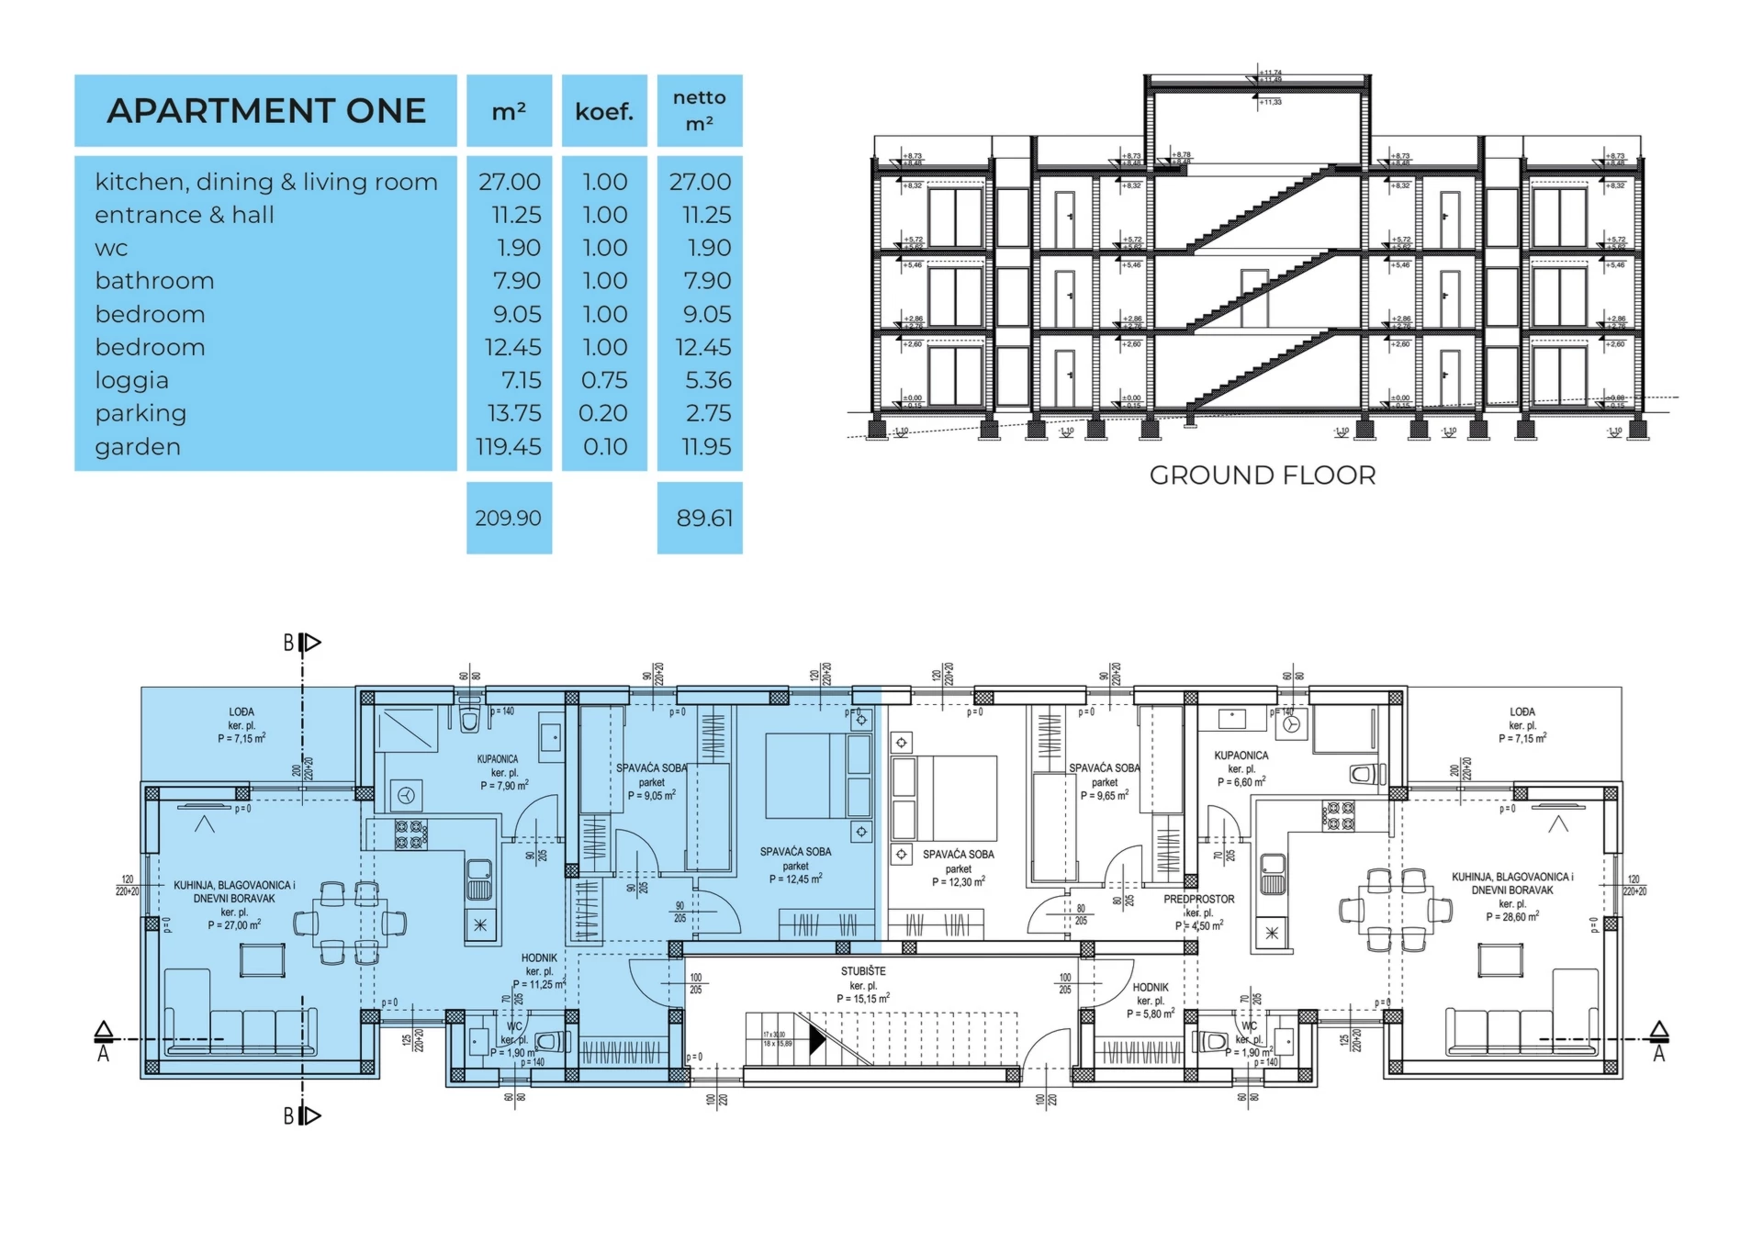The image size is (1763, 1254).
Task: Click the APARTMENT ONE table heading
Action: coord(266,111)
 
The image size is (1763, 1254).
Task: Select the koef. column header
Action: coord(604,112)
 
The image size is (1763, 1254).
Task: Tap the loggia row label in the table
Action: coord(132,380)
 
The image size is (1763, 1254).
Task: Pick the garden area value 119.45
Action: coord(509,447)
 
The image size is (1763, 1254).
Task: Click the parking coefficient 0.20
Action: coord(603,413)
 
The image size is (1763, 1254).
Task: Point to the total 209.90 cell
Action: coord(509,518)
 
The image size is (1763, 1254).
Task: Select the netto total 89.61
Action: coord(704,518)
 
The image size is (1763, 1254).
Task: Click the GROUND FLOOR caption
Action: coord(1263,476)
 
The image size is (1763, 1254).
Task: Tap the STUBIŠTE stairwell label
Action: coord(863,971)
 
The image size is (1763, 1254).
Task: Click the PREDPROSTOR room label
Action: coord(1199,900)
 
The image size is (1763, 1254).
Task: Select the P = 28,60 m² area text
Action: coord(1512,916)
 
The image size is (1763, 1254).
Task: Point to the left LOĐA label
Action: coord(241,712)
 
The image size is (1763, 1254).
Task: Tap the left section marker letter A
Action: coord(104,1055)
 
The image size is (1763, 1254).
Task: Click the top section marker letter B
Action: coord(288,644)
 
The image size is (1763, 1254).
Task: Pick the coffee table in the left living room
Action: coord(263,960)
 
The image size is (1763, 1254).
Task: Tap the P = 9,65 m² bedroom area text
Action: coord(1105,796)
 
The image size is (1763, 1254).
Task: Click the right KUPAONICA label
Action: coord(1241,756)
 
